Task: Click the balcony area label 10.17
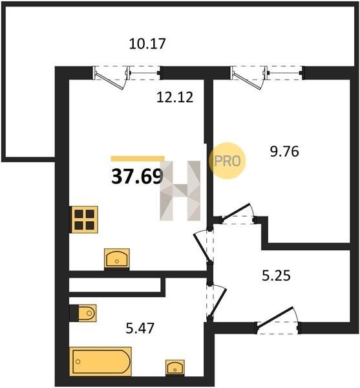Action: [x=147, y=44]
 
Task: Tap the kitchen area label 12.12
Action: [x=175, y=97]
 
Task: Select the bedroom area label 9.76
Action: [x=284, y=151]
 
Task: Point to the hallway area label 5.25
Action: [x=276, y=276]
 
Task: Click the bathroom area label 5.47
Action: [x=140, y=328]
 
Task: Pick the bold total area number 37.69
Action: [x=137, y=177]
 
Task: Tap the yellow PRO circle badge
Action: [x=228, y=161]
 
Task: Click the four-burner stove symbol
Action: [x=84, y=219]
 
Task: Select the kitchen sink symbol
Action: [x=117, y=258]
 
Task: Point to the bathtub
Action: [x=100, y=361]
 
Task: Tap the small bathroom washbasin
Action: [x=175, y=367]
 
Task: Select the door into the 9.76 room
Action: [x=238, y=214]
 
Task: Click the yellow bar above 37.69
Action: [x=138, y=158]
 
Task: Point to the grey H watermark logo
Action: [x=180, y=191]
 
